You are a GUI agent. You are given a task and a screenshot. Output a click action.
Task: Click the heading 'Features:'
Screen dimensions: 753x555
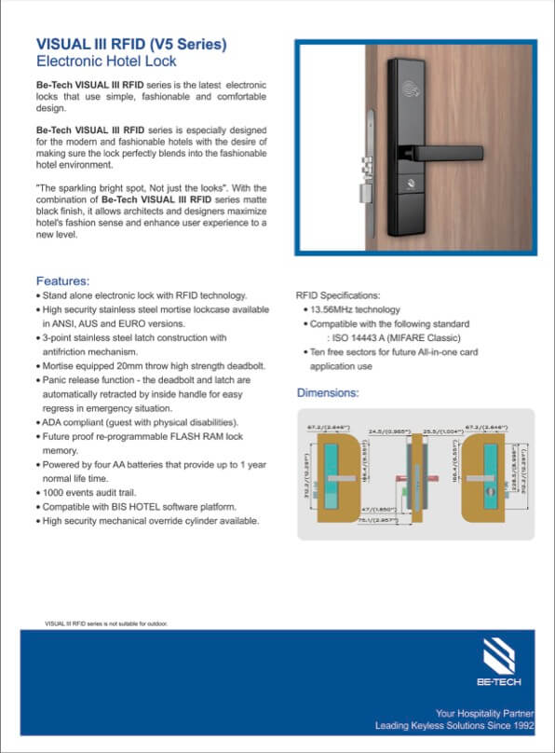(x=62, y=281)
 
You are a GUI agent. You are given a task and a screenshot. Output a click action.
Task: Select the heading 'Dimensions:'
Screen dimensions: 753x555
(x=327, y=392)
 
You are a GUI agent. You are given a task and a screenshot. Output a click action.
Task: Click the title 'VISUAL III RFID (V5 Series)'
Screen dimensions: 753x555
(x=130, y=44)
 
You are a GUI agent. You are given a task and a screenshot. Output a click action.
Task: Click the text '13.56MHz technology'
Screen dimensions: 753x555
(x=361, y=308)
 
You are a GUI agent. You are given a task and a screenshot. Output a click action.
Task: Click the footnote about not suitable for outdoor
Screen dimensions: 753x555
(x=106, y=622)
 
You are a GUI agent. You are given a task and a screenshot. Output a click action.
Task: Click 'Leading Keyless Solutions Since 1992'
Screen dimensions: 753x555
(x=454, y=725)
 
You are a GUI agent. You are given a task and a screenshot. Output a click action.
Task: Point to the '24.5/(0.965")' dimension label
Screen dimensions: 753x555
(x=385, y=431)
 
